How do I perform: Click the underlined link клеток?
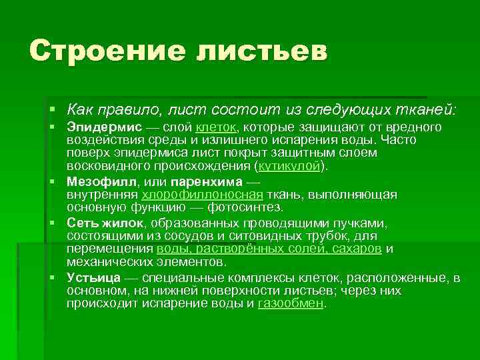pyautogui.click(x=216, y=127)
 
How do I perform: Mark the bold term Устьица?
pyautogui.click(x=94, y=277)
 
